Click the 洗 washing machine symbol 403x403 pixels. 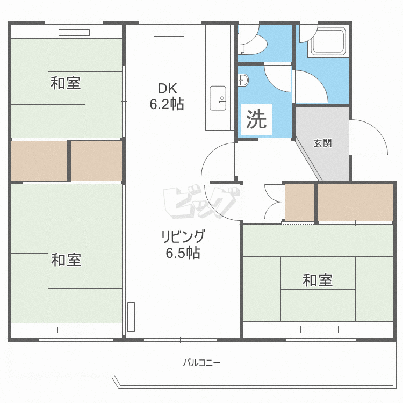256,119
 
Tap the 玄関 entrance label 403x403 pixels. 322,143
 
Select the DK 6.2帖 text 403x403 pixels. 167,96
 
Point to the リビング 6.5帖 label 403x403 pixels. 183,244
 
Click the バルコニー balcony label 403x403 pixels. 201,363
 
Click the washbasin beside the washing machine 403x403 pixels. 243,80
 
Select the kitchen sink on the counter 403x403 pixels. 218,98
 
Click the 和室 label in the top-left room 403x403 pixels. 66,83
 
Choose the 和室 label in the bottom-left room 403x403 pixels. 66,260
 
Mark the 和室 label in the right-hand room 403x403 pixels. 318,280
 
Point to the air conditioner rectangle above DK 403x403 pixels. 169,33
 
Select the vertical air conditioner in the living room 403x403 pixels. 131,316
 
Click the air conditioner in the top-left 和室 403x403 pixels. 74,33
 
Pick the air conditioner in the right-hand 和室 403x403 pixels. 319,329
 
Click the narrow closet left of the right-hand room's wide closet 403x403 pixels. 300,203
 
